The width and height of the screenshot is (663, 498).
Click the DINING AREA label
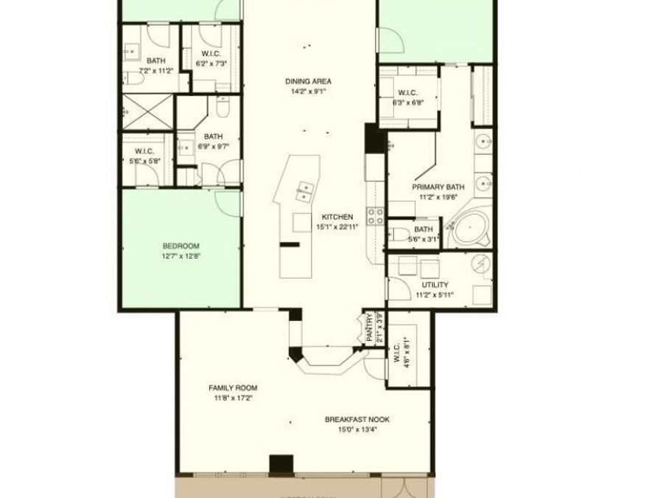coord(309,81)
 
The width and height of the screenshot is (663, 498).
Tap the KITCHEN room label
coord(337,217)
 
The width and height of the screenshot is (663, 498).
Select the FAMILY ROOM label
coord(233,388)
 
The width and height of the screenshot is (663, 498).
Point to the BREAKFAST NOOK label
coord(357,420)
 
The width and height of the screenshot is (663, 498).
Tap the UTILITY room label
coord(435,285)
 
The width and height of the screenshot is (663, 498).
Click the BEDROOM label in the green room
coord(181,246)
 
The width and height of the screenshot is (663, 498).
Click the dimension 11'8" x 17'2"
coord(233,398)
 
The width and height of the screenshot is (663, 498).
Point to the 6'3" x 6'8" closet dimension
coord(408,103)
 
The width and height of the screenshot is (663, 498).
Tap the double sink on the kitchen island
coord(303,192)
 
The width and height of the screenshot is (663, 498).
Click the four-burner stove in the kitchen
coord(375,215)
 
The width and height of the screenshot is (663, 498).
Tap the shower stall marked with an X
coord(148,112)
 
